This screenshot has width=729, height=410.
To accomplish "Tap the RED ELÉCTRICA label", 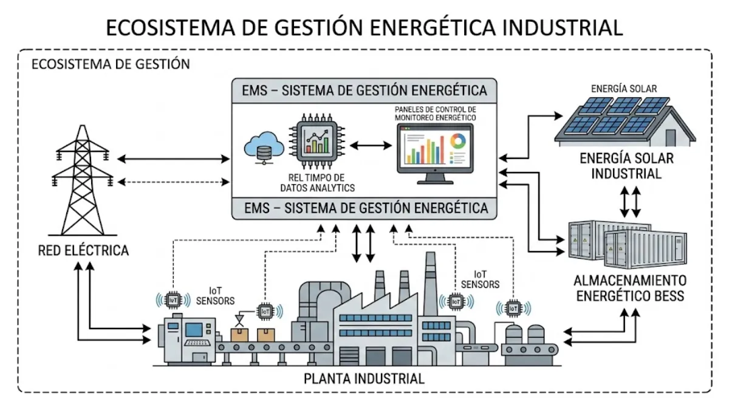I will (x=83, y=250).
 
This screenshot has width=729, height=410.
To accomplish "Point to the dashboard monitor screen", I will (x=434, y=149).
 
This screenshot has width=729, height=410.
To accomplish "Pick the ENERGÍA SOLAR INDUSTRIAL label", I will (x=626, y=166).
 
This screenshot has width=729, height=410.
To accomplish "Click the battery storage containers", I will (x=614, y=243).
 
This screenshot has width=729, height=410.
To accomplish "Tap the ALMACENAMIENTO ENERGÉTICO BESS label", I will (x=630, y=289).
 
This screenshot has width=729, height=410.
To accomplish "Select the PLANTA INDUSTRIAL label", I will (x=363, y=378).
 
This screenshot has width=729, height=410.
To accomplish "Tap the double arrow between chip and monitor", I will (x=370, y=146).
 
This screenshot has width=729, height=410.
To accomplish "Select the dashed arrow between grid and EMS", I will (x=174, y=182).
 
